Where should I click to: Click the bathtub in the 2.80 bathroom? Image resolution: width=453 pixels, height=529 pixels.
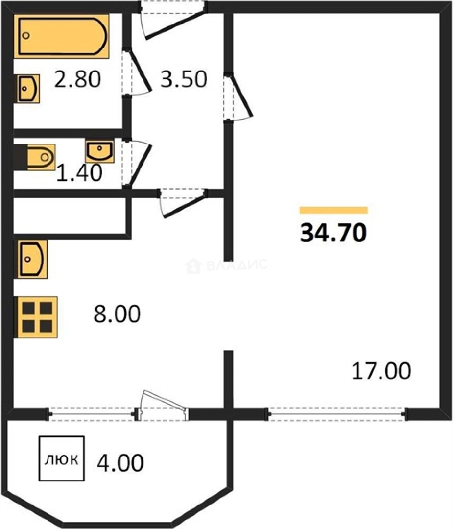61,36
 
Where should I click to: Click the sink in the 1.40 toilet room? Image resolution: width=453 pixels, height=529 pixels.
99,151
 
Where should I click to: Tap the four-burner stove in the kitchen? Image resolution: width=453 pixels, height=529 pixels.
37,317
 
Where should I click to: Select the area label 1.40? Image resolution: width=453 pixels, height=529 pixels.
79,173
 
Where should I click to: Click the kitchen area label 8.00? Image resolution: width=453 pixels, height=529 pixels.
117,313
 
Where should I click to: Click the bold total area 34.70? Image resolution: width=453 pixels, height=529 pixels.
333,233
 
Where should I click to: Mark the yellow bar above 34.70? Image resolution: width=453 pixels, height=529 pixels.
334,210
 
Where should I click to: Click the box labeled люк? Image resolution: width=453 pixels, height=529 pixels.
61,458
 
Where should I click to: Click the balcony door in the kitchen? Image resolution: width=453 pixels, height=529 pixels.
162,406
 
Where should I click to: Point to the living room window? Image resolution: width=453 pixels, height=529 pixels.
336,414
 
